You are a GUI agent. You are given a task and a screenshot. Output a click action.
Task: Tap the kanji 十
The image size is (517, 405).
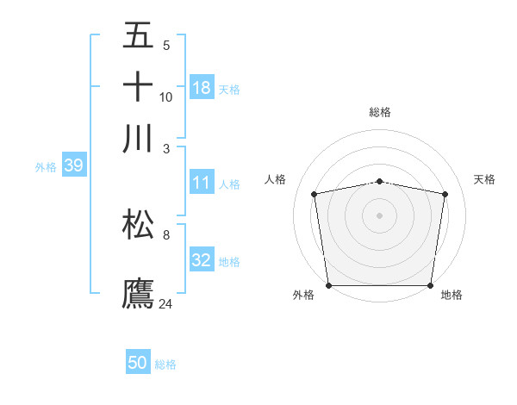(138, 86)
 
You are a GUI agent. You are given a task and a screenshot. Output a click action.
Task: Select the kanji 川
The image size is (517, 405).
(138, 138)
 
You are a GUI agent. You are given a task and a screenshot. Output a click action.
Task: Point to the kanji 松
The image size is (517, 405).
(138, 224)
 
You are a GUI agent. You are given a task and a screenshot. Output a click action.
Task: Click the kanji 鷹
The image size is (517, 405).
(138, 293)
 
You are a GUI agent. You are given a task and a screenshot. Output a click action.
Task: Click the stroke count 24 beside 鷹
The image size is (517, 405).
(166, 303)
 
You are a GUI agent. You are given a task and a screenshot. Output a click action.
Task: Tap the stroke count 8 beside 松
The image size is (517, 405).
(166, 234)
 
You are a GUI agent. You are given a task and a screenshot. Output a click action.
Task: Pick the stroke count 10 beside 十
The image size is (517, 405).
(166, 97)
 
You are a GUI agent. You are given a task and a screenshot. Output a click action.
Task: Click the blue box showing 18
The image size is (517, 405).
(202, 87)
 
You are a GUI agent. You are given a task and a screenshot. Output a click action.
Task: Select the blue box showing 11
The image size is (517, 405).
(202, 183)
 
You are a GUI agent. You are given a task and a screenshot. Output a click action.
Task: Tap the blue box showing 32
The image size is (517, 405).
(202, 261)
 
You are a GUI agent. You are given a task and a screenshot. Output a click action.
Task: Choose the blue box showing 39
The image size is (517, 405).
(73, 166)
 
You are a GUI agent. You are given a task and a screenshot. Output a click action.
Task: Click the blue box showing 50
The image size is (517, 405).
(138, 363)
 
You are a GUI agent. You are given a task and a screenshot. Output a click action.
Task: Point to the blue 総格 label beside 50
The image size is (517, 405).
(165, 364)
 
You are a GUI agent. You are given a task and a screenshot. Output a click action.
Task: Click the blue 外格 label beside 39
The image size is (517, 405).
(46, 167)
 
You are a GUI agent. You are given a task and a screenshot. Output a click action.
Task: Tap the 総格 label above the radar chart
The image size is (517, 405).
(379, 112)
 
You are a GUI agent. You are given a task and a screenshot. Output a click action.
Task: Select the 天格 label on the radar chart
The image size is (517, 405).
(485, 179)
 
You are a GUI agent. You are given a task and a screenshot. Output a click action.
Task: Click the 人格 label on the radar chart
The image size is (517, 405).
(276, 179)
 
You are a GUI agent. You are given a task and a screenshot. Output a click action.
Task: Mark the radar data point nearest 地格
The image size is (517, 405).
(431, 285)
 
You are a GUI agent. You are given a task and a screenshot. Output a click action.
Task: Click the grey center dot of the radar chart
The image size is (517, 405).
(379, 215)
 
